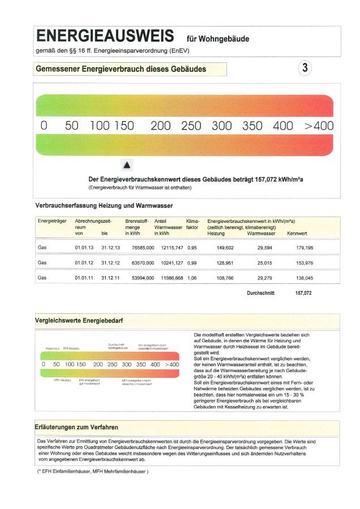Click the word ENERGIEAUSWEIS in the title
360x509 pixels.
tap(105, 37)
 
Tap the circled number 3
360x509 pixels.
tap(305, 68)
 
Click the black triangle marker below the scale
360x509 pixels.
tap(127, 165)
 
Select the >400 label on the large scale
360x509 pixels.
tap(319, 126)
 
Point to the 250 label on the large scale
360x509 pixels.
tap(191, 126)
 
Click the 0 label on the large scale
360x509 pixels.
tap(44, 126)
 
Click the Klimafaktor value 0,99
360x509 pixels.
tap(192, 263)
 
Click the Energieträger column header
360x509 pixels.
tap(52, 221)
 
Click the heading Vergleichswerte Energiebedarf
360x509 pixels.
tap(79, 321)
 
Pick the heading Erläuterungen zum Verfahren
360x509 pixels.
tap(77, 427)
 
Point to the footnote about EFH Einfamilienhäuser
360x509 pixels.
tap(93, 471)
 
